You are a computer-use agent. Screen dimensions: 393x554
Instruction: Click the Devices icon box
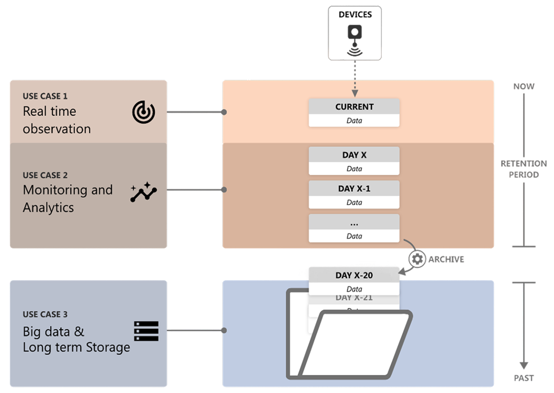(354, 32)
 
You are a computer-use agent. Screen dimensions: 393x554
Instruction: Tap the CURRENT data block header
(354, 106)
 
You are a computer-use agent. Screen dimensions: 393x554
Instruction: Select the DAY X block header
(354, 155)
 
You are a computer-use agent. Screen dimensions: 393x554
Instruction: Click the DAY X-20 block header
(354, 275)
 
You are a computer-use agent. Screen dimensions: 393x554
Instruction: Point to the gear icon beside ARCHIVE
(417, 259)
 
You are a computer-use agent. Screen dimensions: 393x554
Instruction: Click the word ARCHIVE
(446, 259)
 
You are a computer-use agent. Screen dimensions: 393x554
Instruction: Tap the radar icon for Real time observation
(143, 112)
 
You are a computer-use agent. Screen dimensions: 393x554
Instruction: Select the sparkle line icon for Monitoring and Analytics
(143, 192)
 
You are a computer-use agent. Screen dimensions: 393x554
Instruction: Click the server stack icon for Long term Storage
(146, 331)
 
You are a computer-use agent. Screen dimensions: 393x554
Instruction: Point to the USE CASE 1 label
(45, 96)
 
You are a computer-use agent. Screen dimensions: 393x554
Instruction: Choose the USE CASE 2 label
(45, 176)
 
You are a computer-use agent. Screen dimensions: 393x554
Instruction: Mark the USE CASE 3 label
(45, 314)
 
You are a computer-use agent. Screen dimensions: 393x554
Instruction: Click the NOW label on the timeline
(524, 86)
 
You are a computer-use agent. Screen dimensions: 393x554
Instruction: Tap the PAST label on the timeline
(524, 378)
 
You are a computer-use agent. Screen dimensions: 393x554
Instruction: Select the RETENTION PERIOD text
(524, 169)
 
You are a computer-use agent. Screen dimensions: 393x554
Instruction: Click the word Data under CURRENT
(354, 121)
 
